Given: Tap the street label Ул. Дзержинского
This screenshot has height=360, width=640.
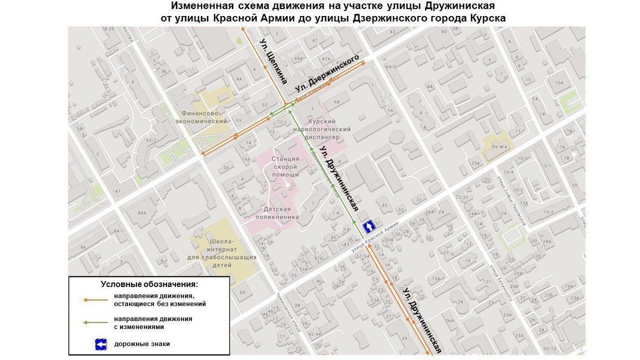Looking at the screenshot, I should tap(326, 73).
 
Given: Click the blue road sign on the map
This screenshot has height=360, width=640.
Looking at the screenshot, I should tap(369, 227).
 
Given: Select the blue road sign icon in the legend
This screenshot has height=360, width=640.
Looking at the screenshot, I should tap(101, 344).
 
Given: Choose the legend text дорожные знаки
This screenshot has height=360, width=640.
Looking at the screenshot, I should tap(142, 344).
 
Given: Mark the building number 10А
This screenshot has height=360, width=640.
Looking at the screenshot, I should tap(558, 83).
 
